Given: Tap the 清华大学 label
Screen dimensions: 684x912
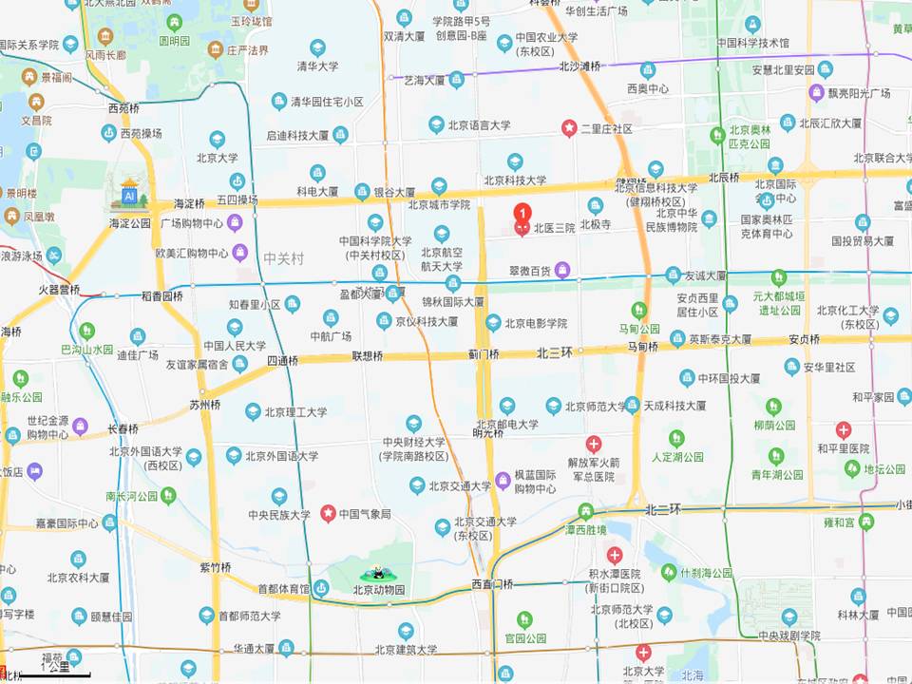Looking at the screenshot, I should point(317,66).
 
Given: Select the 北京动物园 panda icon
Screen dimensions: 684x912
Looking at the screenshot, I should point(379,573).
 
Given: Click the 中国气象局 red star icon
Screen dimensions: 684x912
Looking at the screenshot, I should point(328,514).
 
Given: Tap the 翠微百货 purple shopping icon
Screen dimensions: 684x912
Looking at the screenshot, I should point(562,271).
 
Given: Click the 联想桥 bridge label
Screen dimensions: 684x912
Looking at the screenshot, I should point(368,356).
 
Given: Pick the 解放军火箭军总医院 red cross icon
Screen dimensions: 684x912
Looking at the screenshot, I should point(593,444).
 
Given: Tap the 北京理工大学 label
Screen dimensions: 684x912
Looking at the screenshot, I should point(295,412).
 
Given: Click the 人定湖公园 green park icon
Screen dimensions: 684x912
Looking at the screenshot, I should point(676,439).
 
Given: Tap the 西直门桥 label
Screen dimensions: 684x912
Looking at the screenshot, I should point(492,584).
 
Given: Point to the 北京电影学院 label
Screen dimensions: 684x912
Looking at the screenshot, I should point(536,324).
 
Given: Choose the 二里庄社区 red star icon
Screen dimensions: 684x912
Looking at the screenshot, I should point(569,126).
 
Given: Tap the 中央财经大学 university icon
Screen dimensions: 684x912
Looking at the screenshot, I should point(413,424).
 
